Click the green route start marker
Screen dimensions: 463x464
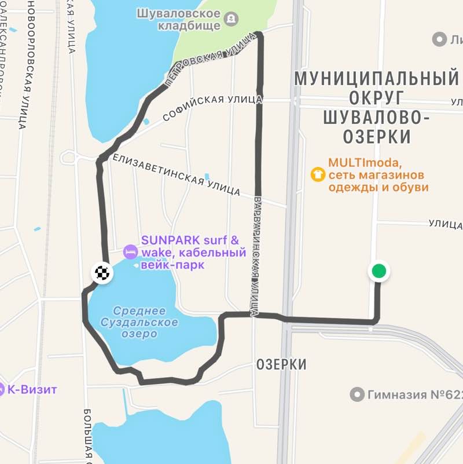(x=379, y=271)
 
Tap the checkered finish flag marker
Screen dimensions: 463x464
(x=102, y=273)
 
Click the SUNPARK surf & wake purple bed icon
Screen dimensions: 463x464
(x=130, y=252)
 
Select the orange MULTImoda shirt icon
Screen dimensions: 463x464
(x=318, y=174)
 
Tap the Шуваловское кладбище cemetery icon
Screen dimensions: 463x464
(x=231, y=19)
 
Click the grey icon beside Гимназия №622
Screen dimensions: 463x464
(x=357, y=395)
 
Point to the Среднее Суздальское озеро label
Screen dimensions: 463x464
(x=139, y=323)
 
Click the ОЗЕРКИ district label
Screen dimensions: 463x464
(x=281, y=364)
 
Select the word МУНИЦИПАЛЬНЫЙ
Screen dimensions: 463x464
(x=376, y=78)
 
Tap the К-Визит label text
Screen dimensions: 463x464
(x=32, y=389)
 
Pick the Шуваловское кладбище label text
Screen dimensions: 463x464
(x=179, y=19)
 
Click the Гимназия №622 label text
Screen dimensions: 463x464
(x=414, y=395)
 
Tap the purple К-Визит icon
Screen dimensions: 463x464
(x=2, y=389)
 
